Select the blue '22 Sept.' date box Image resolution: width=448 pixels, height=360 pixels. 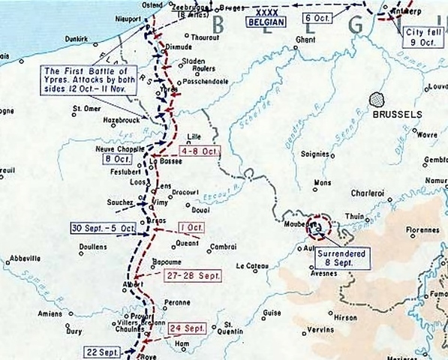tap(104, 351)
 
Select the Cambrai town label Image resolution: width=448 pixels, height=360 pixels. tap(222, 246)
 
